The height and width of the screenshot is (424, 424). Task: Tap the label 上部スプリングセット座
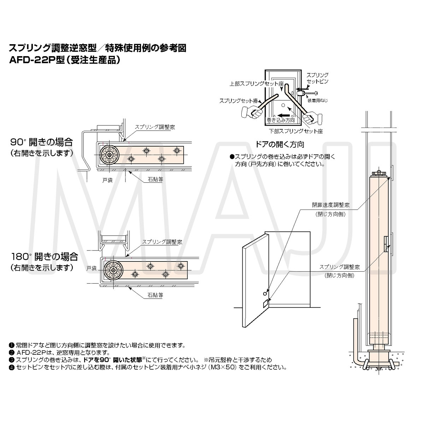[x=257, y=84]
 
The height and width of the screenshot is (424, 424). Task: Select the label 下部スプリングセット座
[x=295, y=131]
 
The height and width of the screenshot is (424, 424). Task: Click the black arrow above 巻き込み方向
[x=284, y=115]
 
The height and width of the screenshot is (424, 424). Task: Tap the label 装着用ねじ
[x=317, y=101]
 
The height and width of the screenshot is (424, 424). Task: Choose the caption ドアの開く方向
[x=280, y=144]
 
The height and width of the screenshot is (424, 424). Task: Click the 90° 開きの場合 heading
[x=41, y=142]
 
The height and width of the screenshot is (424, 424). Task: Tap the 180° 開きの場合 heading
[x=44, y=256]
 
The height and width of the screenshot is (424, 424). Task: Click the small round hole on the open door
[x=265, y=294]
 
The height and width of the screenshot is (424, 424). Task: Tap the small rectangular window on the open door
[x=266, y=304]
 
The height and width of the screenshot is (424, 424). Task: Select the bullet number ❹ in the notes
[x=11, y=367]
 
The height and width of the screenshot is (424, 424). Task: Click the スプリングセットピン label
[x=317, y=78]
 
